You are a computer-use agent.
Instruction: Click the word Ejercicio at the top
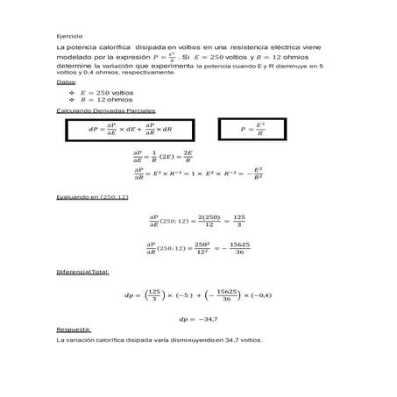pyautogui.click(x=66, y=35)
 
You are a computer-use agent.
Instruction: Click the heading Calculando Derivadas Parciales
pyautogui.click(x=105, y=112)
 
